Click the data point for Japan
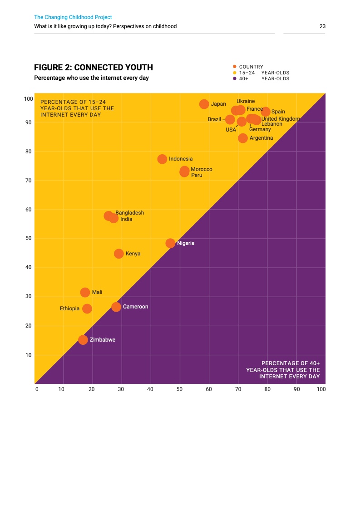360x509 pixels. click(x=204, y=104)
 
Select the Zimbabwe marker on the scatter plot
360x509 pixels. click(x=83, y=340)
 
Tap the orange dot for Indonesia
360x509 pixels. click(x=162, y=159)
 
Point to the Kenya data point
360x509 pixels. click(x=119, y=254)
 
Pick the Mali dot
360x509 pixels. click(x=85, y=292)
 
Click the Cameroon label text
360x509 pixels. click(x=135, y=307)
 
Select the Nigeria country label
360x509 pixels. click(x=186, y=243)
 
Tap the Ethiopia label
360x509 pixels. click(x=69, y=308)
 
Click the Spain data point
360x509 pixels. click(x=266, y=112)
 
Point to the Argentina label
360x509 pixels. click(x=261, y=138)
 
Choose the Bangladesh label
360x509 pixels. click(x=129, y=213)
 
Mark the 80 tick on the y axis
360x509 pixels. click(x=28, y=152)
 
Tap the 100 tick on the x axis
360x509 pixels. click(x=321, y=389)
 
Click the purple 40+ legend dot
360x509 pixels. click(x=234, y=78)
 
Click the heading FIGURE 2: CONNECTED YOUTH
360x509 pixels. click(x=94, y=68)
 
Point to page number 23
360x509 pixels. click(x=322, y=26)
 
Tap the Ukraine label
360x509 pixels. click(x=246, y=101)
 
